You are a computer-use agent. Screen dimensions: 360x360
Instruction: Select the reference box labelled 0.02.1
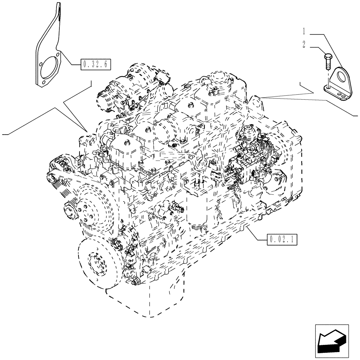coord(282,239)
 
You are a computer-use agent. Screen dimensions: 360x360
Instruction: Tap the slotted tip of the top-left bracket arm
coord(58,9)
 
